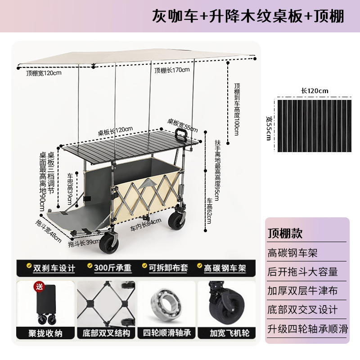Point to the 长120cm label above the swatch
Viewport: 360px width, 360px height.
point(315,91)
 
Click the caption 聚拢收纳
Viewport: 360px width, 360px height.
point(45,333)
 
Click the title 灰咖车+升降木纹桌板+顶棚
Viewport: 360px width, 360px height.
point(248,16)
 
